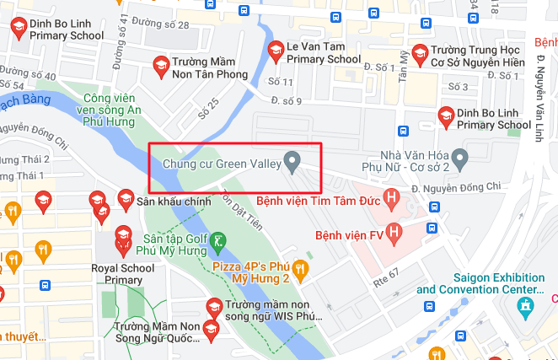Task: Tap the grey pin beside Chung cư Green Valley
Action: [292, 161]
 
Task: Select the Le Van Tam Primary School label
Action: [323, 52]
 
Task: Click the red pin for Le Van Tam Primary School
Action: [275, 51]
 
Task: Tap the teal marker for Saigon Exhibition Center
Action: [527, 305]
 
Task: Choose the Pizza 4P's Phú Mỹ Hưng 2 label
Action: [251, 271]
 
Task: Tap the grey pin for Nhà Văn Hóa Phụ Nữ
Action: [459, 158]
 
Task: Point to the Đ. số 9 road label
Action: [287, 101]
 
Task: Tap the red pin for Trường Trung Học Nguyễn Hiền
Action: [419, 52]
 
